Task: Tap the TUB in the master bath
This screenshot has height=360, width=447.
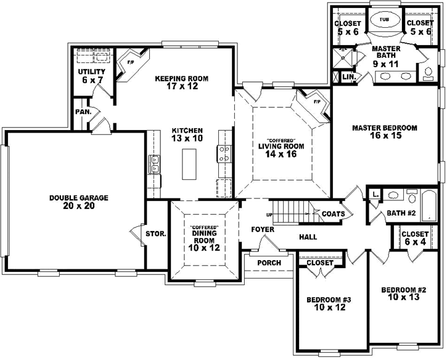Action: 384,20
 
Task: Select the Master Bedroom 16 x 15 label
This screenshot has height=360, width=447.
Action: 384,132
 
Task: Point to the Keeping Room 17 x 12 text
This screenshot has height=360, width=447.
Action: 181,83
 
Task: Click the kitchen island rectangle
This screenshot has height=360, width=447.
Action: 189,162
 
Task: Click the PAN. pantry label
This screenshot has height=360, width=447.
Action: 83,112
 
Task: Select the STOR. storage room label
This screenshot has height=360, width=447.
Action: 155,234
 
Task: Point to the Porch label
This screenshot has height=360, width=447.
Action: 269,263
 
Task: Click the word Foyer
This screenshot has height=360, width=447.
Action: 263,229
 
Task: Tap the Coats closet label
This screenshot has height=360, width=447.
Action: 337,214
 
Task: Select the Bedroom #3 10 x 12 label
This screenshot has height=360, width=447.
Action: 329,303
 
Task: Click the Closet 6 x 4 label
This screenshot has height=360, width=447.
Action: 415,239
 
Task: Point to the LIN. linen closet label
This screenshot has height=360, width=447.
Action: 349,77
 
